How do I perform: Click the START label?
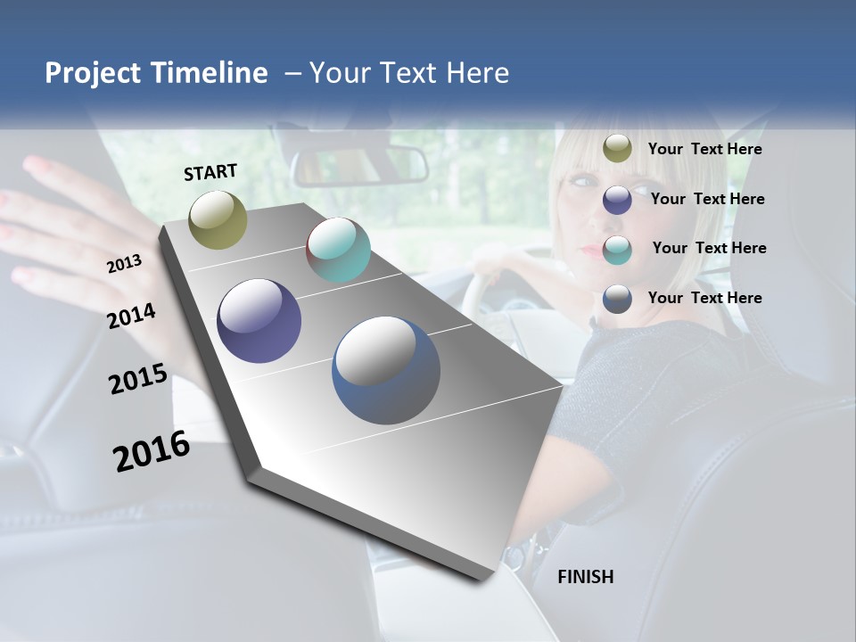pyautogui.click(x=210, y=172)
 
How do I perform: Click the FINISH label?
pyautogui.click(x=585, y=577)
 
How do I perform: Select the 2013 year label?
pyautogui.click(x=124, y=263)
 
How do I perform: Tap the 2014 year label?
pyautogui.click(x=131, y=316)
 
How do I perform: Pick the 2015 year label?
pyautogui.click(x=137, y=379)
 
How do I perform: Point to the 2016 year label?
pyautogui.click(x=152, y=451)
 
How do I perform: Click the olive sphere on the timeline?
pyautogui.click(x=218, y=219)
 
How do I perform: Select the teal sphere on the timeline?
pyautogui.click(x=338, y=250)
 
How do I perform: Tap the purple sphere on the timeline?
pyautogui.click(x=259, y=321)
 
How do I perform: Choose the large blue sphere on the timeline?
pyautogui.click(x=386, y=370)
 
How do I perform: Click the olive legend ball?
pyautogui.click(x=617, y=149)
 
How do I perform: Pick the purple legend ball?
pyautogui.click(x=617, y=199)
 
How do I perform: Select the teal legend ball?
pyautogui.click(x=617, y=249)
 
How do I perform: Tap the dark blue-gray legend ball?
pyautogui.click(x=617, y=299)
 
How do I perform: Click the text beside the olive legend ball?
pyautogui.click(x=704, y=150)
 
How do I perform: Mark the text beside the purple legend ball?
pyautogui.click(x=707, y=199)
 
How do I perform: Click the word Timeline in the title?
pyautogui.click(x=210, y=73)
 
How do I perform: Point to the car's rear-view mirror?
pyautogui.click(x=361, y=166)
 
